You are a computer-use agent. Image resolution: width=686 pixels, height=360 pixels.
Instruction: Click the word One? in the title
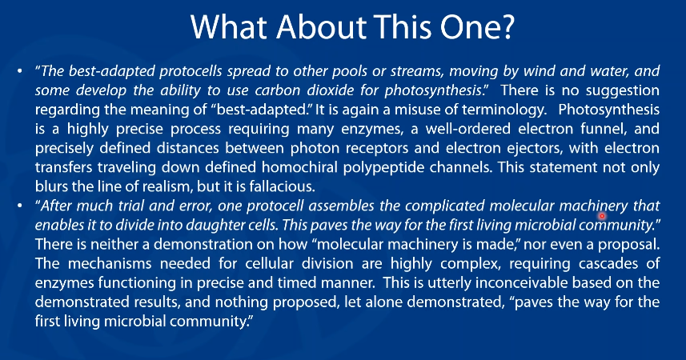click(x=477, y=27)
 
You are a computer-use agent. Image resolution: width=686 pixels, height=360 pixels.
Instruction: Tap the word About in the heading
click(x=322, y=27)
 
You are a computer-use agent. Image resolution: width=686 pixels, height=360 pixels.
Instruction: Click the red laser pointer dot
click(x=602, y=216)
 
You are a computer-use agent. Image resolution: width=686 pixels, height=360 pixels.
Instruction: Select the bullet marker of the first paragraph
click(x=20, y=71)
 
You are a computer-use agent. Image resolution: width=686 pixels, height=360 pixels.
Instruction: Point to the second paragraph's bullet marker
click(x=20, y=206)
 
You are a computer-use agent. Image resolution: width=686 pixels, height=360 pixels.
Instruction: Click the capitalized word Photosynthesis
click(x=609, y=110)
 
